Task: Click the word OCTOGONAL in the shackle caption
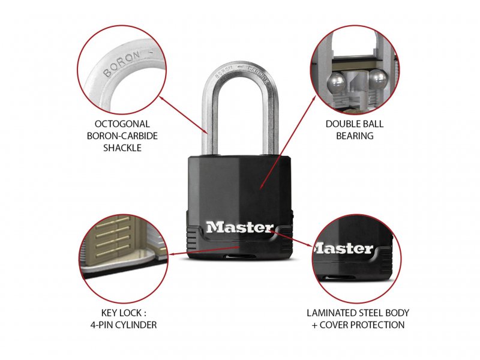click(x=122, y=124)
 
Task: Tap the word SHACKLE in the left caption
click(x=122, y=148)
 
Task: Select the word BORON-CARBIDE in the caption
click(x=122, y=136)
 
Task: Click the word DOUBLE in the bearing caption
click(x=340, y=124)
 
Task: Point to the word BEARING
click(x=355, y=136)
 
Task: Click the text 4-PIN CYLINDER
click(x=124, y=325)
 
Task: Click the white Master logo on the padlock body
click(x=239, y=227)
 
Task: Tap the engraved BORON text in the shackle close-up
click(x=122, y=64)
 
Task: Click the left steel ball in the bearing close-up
click(x=336, y=83)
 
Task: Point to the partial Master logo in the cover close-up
click(x=343, y=248)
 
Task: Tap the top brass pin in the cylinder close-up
click(x=113, y=221)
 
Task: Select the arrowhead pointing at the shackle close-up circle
click(x=161, y=98)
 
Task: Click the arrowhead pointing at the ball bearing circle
click(x=314, y=98)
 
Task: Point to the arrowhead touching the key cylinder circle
click(x=172, y=253)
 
